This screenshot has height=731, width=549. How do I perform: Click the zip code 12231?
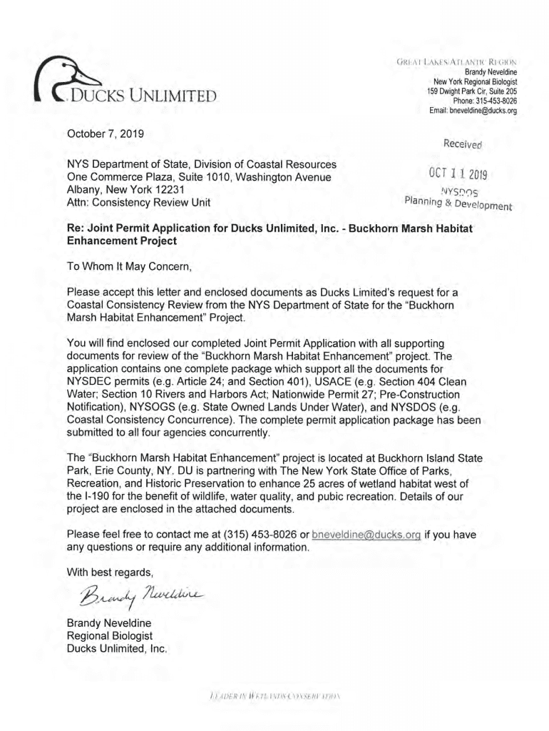click(x=170, y=190)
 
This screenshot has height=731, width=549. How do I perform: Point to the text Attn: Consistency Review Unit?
click(x=138, y=203)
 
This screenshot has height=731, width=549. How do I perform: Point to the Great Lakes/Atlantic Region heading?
click(x=471, y=61)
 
